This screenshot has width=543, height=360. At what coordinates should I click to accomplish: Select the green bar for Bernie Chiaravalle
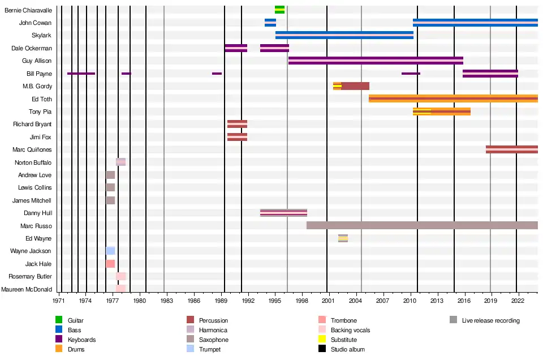[279, 10]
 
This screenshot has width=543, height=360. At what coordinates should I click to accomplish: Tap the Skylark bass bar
[344, 35]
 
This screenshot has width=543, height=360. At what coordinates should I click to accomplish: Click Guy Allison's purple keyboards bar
[376, 61]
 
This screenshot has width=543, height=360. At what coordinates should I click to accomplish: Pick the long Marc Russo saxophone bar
[422, 225]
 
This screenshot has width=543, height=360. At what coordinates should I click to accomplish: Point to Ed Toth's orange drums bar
[453, 98]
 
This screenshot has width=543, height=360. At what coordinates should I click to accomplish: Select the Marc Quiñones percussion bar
[511, 149]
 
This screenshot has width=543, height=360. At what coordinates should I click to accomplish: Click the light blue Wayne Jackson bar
[110, 251]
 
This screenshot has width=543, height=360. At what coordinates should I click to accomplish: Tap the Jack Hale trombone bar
[110, 264]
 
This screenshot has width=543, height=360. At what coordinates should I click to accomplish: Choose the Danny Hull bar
[283, 213]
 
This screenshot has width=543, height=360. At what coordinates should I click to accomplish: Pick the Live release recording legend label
[490, 320]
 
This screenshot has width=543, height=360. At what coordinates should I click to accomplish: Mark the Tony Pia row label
[40, 112]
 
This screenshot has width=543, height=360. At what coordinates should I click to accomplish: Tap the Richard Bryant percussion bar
[237, 124]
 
